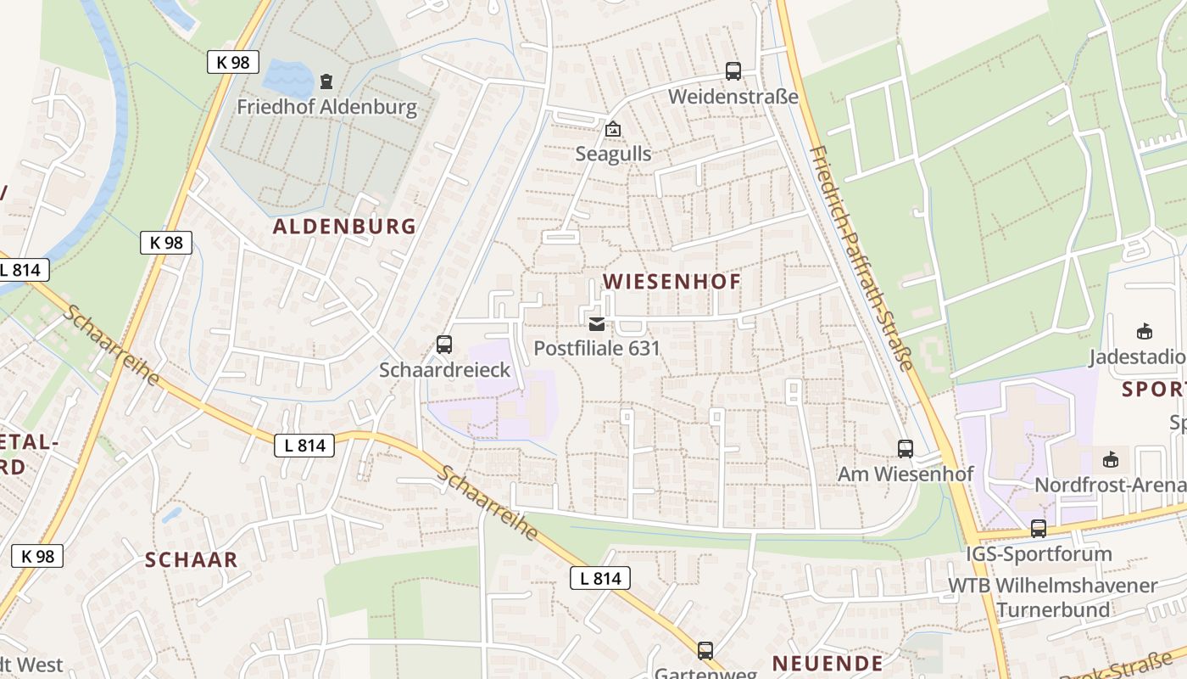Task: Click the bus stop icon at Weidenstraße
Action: point(733,71)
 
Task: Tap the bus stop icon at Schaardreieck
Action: point(444,345)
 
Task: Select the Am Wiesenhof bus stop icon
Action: point(906,449)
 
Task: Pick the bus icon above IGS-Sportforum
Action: point(1039,529)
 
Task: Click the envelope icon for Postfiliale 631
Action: point(597,323)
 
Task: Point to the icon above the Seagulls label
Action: point(612,129)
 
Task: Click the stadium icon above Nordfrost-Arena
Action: point(1110,460)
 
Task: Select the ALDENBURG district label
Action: point(344,227)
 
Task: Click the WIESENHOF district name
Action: point(672,282)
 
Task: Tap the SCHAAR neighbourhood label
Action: point(191,560)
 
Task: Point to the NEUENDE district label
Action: point(827,663)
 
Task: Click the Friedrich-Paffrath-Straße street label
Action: point(861,258)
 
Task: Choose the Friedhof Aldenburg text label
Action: point(326,107)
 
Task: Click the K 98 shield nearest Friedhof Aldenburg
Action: point(232,61)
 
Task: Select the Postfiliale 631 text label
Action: point(596,348)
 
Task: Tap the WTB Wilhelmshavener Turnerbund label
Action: point(1052,598)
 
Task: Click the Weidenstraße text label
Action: point(733,97)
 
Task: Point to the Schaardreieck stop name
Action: point(444,370)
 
